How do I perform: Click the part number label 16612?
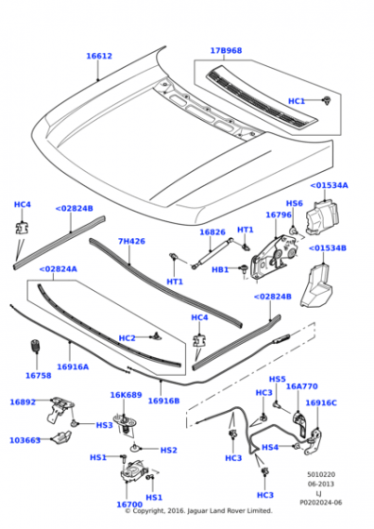click(99, 56)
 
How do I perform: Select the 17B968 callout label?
click(226, 50)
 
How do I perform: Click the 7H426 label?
click(131, 241)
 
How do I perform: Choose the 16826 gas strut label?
click(212, 231)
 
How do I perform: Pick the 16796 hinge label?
click(278, 215)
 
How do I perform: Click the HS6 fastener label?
click(295, 203)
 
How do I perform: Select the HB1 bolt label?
click(220, 270)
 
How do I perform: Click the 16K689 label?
click(126, 396)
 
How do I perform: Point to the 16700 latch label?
click(128, 505)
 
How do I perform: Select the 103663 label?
click(25, 440)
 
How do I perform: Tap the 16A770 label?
click(302, 385)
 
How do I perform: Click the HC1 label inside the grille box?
click(297, 100)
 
